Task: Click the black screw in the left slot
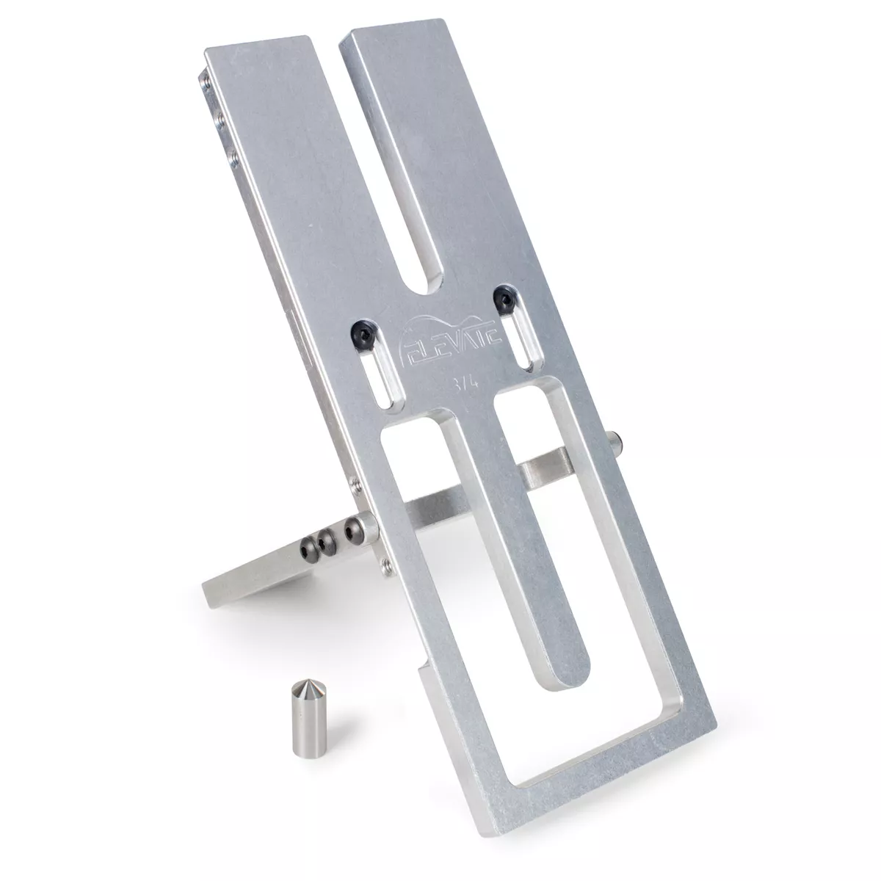(x=365, y=331)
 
